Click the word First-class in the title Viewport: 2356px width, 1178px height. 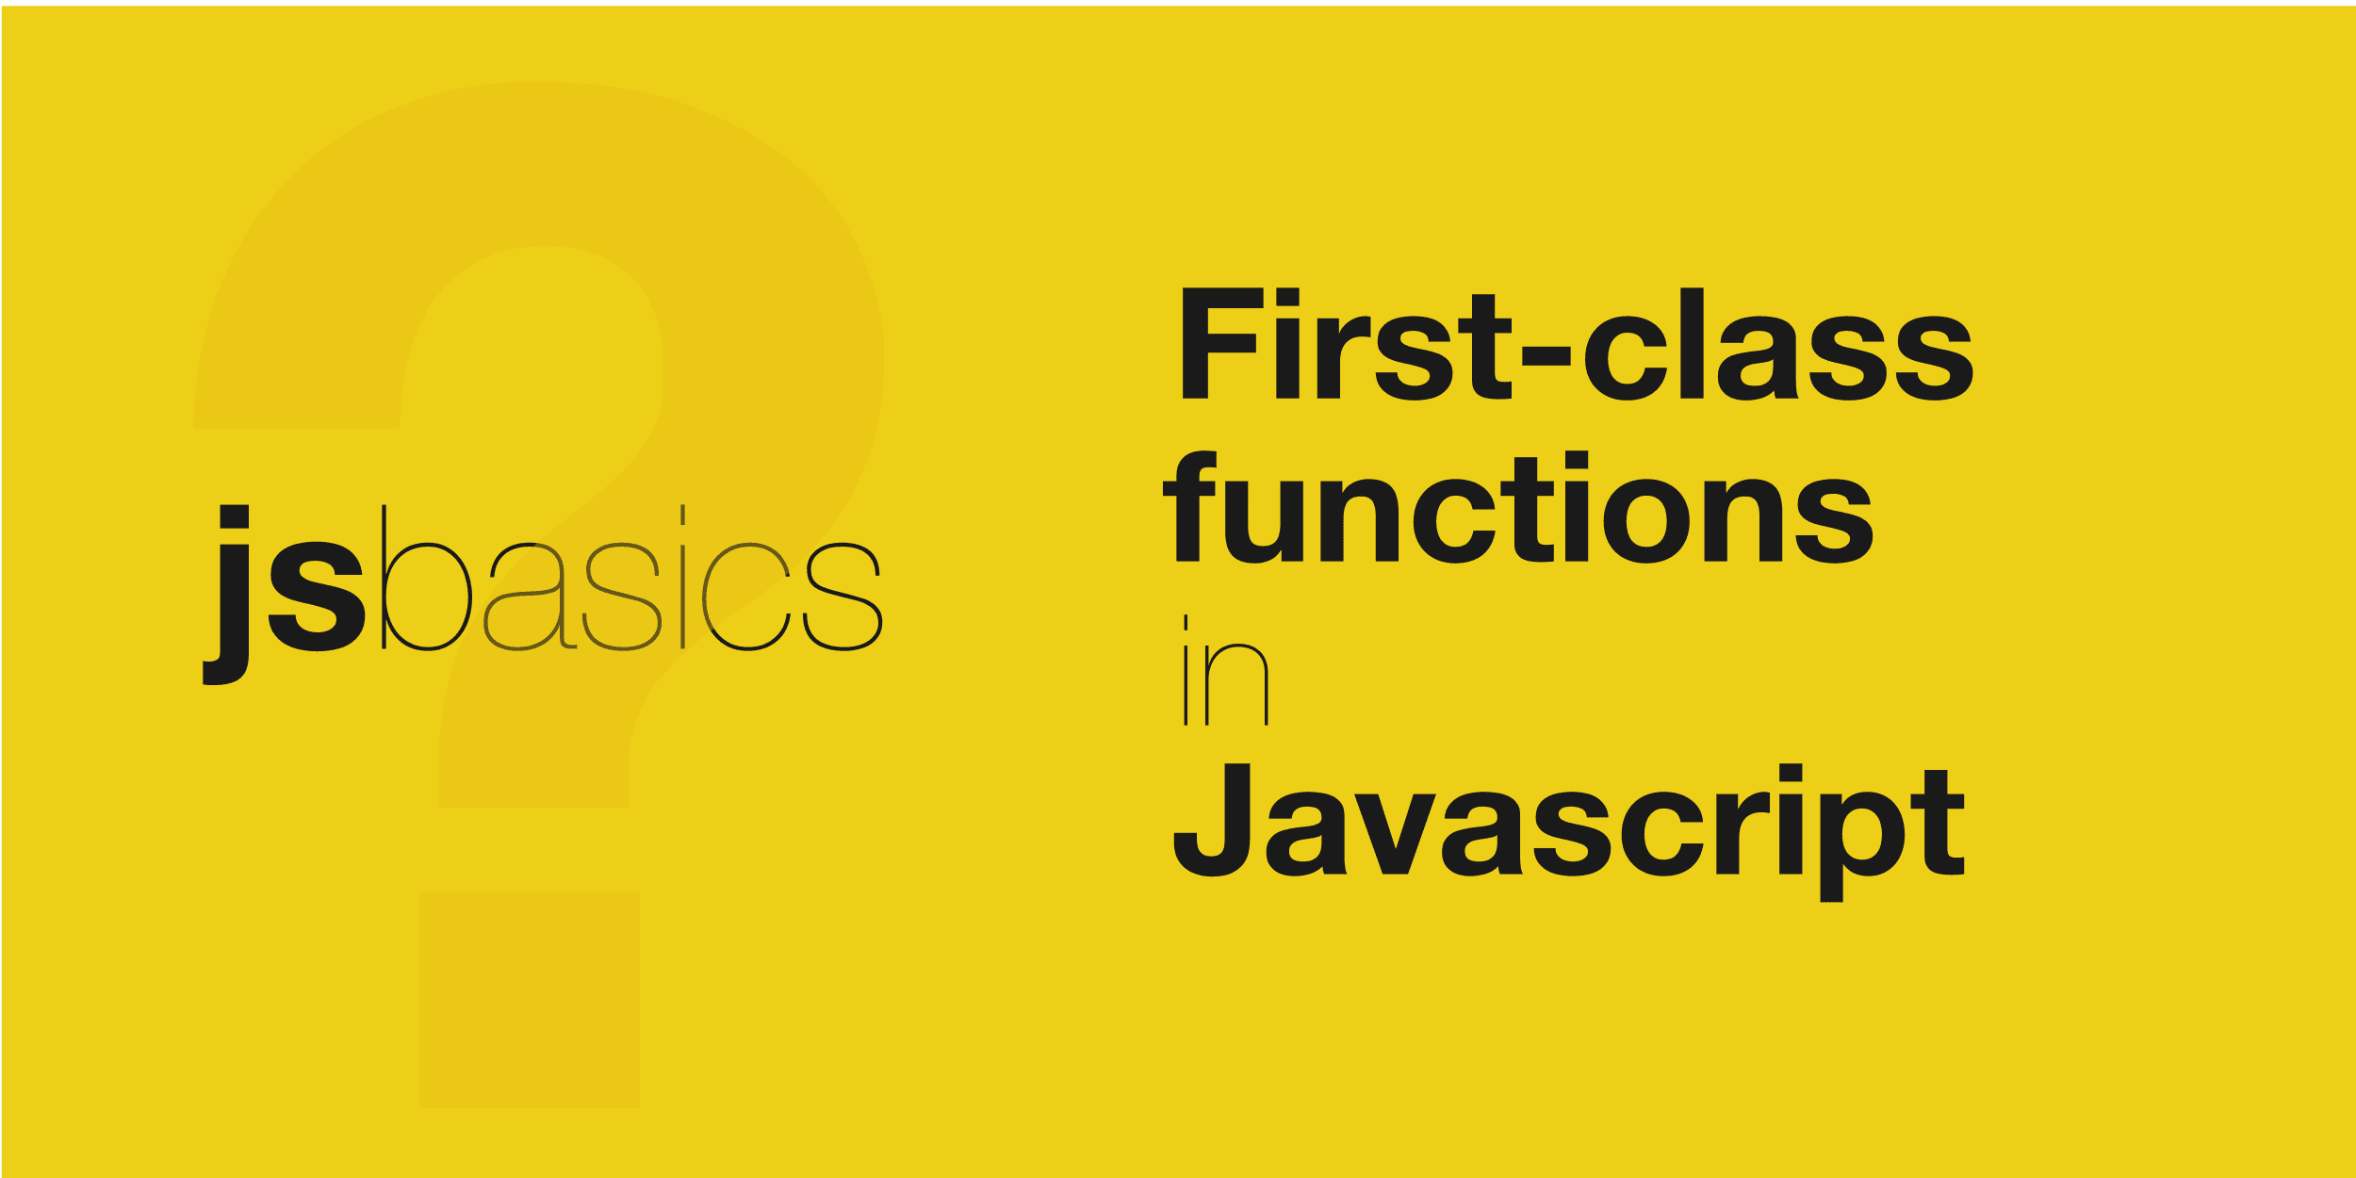point(1578,343)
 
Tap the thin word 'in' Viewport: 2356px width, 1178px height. point(1226,670)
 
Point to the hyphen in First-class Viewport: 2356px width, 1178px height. point(1546,355)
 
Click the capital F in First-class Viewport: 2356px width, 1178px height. point(1222,343)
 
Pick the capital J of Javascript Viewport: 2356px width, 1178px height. point(1212,820)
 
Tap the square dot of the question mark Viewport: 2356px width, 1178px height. point(529,999)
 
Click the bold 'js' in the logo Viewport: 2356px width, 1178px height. point(284,595)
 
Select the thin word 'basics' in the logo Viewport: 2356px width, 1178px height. point(631,577)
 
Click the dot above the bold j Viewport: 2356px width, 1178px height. point(234,516)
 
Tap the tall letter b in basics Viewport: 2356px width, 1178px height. point(426,577)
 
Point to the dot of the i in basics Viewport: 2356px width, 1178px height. point(682,515)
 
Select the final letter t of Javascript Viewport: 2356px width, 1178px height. point(1938,822)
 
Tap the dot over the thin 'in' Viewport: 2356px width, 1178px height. point(1186,622)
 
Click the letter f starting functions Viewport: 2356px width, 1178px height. point(1190,506)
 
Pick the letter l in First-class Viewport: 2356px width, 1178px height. point(1692,343)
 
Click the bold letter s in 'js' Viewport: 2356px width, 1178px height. point(317,597)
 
